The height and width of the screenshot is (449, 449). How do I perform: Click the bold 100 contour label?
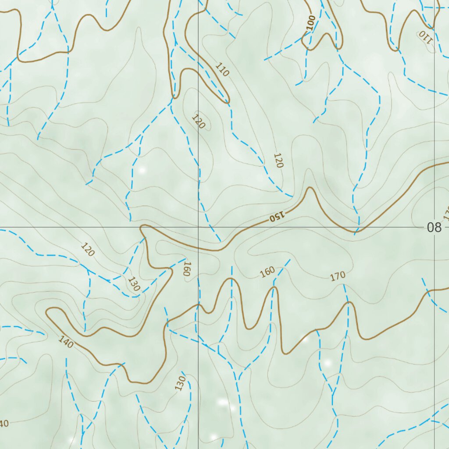tap(311, 23)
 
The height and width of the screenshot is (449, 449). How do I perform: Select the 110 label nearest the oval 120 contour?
tap(222, 70)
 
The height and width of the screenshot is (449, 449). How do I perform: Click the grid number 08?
tap(434, 228)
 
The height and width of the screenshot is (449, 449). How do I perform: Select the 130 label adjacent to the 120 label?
tap(134, 284)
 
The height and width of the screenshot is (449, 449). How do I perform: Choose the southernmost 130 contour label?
tap(180, 383)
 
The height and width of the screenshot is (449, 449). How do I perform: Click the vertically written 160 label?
tap(186, 269)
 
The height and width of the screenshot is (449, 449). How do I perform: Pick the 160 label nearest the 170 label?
tap(267, 272)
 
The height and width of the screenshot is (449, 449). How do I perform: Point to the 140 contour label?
tap(66, 342)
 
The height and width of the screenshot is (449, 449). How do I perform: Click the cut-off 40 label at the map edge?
tap(4, 424)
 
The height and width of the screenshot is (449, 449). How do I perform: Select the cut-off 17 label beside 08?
tap(446, 214)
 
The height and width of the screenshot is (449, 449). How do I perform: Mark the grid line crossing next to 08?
tap(435, 228)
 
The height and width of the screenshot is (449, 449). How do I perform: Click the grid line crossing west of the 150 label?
tap(199, 228)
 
